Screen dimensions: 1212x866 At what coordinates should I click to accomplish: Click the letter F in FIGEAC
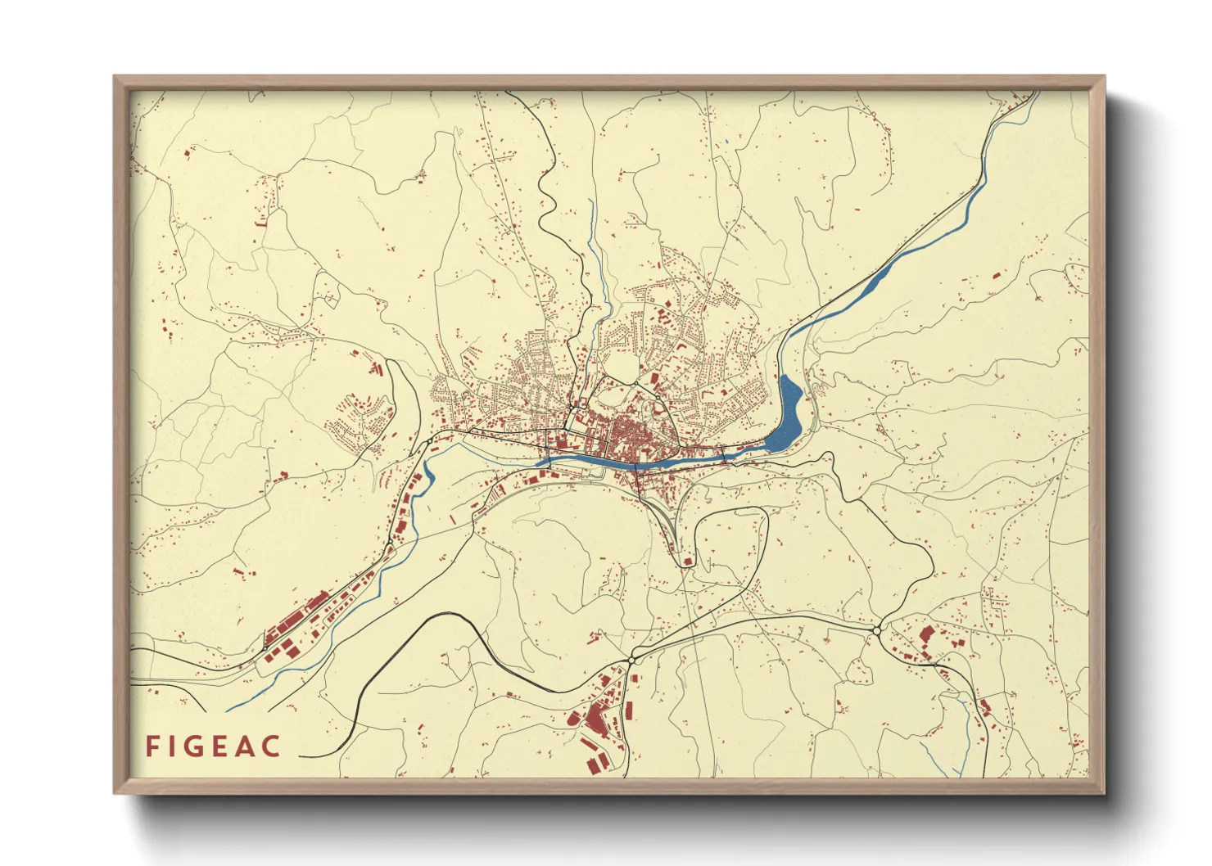coord(152,746)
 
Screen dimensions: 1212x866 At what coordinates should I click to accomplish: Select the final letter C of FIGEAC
coord(272,746)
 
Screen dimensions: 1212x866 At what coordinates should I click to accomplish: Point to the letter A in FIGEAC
coord(248,746)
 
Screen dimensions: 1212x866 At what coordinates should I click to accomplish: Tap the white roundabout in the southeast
coord(877,631)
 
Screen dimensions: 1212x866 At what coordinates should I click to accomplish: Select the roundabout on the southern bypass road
coord(632,659)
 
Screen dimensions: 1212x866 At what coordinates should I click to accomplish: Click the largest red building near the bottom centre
coord(595,719)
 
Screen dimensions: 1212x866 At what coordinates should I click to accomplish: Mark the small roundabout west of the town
coord(429,442)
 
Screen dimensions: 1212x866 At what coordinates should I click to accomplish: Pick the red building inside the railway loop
coord(688,562)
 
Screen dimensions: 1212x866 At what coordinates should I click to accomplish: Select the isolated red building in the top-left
coord(188,153)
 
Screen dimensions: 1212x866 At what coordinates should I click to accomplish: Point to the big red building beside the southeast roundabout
coord(926,634)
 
